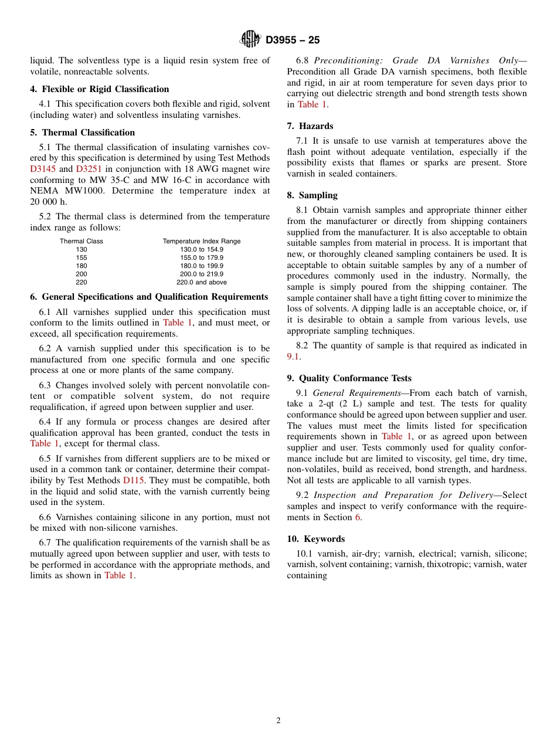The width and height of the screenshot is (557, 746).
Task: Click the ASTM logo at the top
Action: click(250, 39)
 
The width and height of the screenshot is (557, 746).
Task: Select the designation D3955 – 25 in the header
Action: click(293, 40)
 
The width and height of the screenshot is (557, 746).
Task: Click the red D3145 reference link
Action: click(43, 169)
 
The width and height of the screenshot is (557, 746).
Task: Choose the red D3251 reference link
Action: click(89, 169)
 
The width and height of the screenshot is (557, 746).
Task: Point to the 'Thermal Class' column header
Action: click(81, 241)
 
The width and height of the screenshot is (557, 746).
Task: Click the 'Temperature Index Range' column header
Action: click(201, 241)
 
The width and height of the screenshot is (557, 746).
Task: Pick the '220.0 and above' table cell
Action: click(201, 282)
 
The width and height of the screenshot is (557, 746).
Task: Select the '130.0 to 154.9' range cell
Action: click(201, 249)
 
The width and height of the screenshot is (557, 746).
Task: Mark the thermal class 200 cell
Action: click(81, 274)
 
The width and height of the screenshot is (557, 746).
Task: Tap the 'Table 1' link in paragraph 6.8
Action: click(312, 104)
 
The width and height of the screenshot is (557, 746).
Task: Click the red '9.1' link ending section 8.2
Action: click(293, 357)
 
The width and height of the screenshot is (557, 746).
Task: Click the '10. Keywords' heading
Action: click(315, 539)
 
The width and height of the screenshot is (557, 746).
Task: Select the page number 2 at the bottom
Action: click(278, 721)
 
